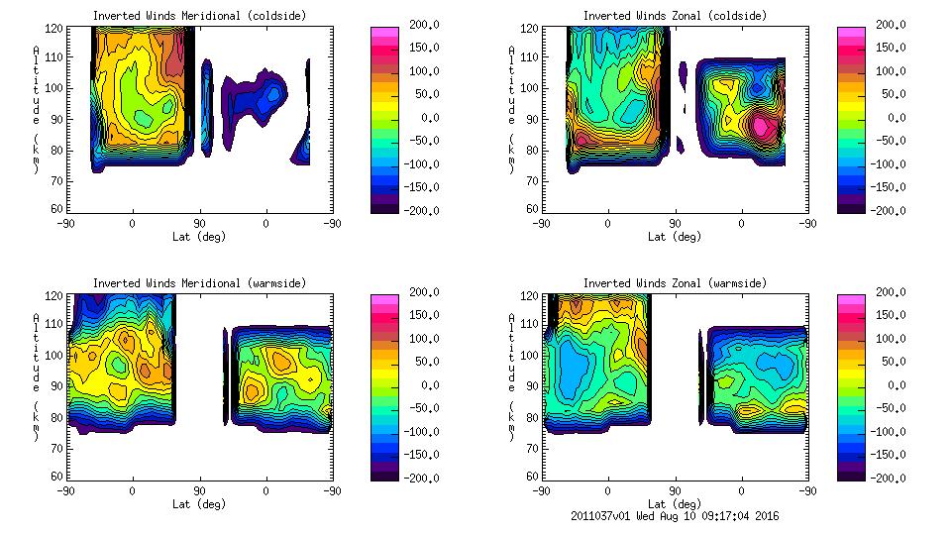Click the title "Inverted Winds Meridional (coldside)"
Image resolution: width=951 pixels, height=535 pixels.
(x=199, y=16)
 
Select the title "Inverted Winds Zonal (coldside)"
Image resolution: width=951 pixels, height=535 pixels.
(x=675, y=16)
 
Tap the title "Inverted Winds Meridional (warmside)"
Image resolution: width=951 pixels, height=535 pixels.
(x=199, y=283)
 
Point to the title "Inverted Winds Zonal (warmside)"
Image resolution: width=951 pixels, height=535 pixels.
(x=675, y=283)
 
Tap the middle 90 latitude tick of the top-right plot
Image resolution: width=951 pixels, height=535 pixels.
(x=676, y=224)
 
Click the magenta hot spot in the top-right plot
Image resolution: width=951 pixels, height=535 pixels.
(x=761, y=126)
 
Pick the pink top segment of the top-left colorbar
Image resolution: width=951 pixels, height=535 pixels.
(x=383, y=32)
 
